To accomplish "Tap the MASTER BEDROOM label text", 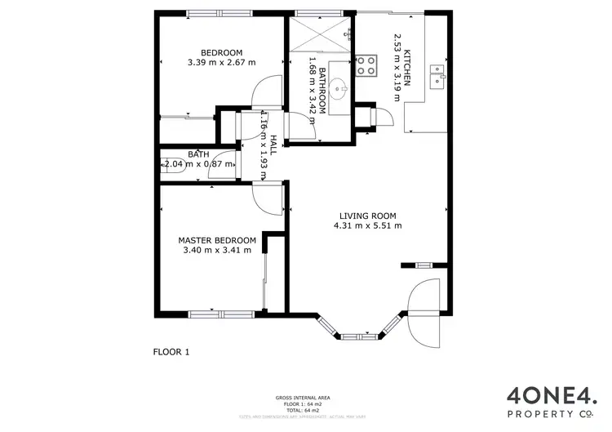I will [217, 240].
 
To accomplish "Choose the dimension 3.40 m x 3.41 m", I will [217, 250].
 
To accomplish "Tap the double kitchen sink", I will [438, 74].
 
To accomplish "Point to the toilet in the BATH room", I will [173, 163].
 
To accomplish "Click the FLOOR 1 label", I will [171, 352].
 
